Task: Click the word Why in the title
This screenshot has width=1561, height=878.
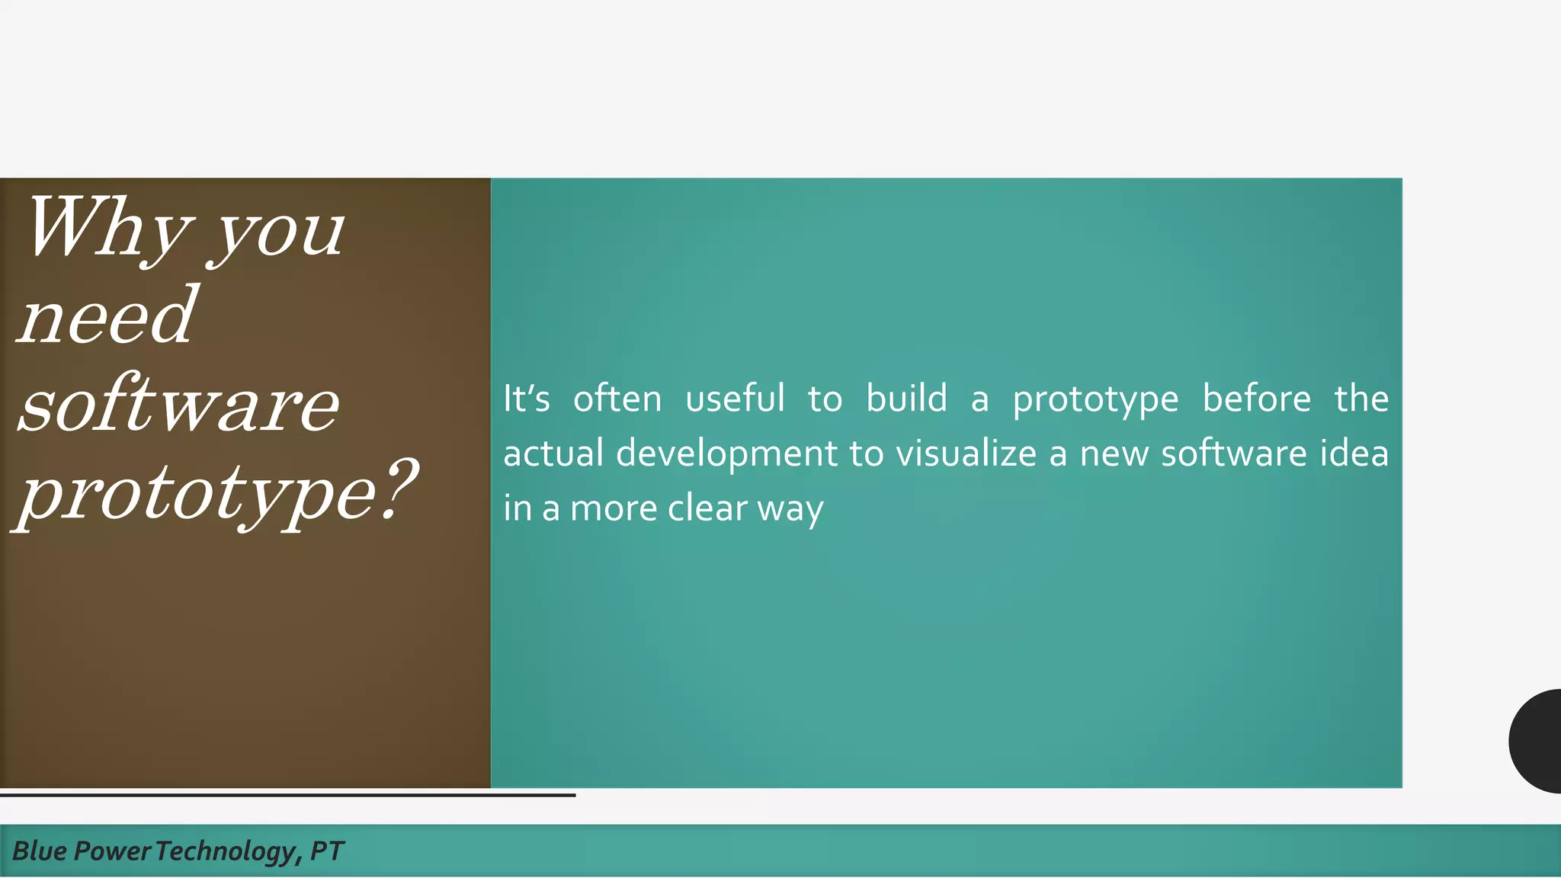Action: (107, 229)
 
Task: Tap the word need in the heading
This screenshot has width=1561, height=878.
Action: (107, 316)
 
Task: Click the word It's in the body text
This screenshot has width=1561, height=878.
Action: (526, 399)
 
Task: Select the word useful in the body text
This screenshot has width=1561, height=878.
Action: (735, 399)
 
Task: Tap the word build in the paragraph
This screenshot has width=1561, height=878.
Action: (906, 399)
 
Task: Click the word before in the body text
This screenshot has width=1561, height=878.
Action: (1256, 399)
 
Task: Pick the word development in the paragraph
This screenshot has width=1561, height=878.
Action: (726, 453)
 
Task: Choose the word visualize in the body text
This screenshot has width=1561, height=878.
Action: (966, 453)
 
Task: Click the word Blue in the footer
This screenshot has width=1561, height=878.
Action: (40, 851)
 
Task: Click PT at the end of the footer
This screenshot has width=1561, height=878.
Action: (327, 851)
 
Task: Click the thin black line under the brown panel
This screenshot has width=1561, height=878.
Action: (287, 795)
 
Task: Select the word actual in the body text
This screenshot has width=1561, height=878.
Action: (553, 453)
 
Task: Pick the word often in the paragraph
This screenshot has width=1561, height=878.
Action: (617, 399)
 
